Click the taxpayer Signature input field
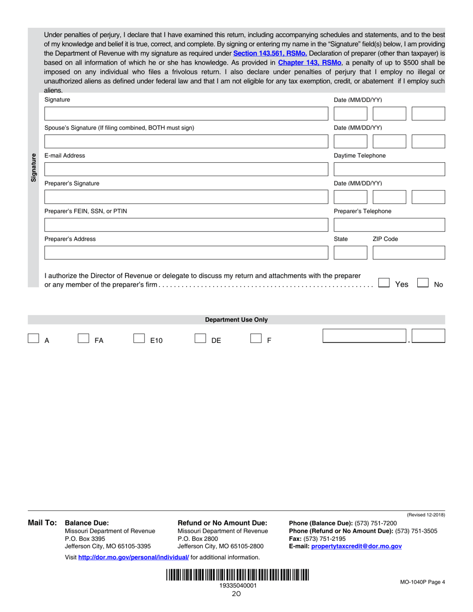tap(186, 114)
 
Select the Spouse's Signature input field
tap(186, 142)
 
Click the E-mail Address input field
tap(186, 170)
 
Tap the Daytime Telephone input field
tap(389, 170)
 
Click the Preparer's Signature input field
tap(186, 198)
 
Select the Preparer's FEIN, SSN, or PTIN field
tap(186, 225)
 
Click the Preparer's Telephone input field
tap(389, 225)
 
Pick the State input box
tap(350, 253)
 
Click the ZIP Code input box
tap(409, 253)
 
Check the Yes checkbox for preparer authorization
tap(384, 283)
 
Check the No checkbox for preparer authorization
tap(423, 283)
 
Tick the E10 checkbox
tap(139, 339)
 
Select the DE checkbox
tap(200, 339)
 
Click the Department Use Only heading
tap(236, 320)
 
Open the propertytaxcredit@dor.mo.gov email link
tap(356, 546)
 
